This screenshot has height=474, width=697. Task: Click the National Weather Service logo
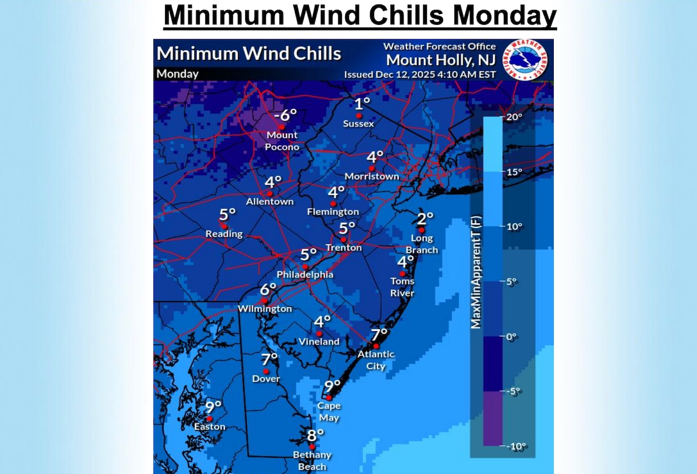click(525, 60)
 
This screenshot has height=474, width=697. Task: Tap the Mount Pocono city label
click(282, 141)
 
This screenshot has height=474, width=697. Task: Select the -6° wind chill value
click(285, 115)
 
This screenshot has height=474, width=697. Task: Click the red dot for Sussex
click(358, 116)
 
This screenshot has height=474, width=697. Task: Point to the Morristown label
click(372, 176)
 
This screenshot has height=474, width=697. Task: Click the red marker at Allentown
click(269, 193)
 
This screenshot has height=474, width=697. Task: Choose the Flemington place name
click(333, 211)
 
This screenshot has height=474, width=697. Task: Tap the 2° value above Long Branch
click(425, 218)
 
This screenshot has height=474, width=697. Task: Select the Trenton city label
click(343, 248)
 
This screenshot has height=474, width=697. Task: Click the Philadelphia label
click(305, 275)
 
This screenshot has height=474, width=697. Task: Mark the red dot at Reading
click(223, 225)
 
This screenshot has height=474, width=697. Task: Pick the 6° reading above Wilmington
click(268, 290)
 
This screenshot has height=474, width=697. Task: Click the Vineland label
click(319, 342)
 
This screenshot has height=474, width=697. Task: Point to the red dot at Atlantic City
click(376, 346)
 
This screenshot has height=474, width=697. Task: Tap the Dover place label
click(266, 379)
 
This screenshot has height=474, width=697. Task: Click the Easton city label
click(210, 427)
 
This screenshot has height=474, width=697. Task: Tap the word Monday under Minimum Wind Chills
click(178, 73)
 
